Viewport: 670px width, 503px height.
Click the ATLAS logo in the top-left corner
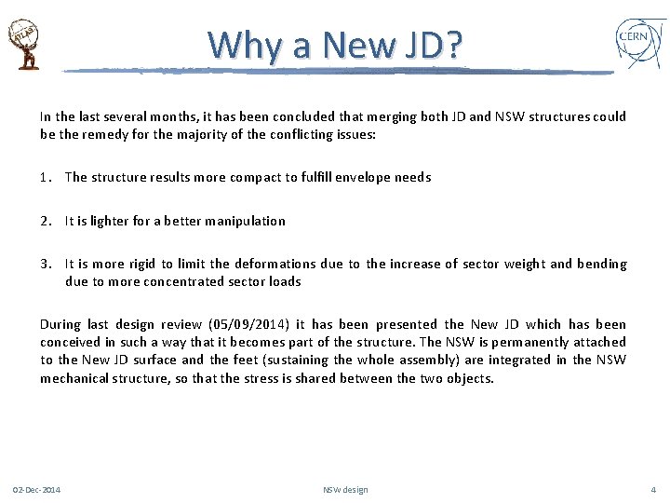coord(24,44)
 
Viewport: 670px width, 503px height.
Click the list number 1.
coord(44,177)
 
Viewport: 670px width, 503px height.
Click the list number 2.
coord(44,221)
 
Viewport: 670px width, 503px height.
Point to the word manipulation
coord(245,221)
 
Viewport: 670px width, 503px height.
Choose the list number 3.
coord(44,265)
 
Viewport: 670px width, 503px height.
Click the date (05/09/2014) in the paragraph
coord(249,324)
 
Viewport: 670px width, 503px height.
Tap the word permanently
coord(529,342)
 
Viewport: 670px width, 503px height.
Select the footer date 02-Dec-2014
coord(36,490)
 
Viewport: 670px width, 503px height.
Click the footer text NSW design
coord(345,490)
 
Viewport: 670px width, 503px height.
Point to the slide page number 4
coord(653,490)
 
